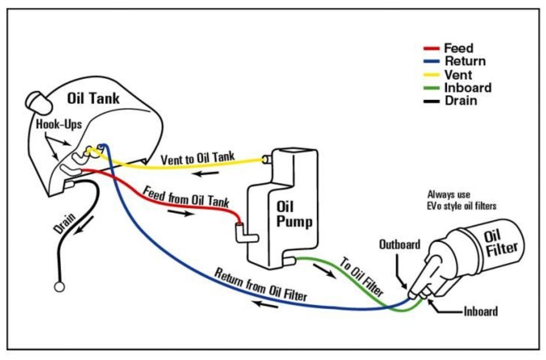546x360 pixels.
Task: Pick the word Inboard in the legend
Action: click(468, 88)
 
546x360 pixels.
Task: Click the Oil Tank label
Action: click(93, 99)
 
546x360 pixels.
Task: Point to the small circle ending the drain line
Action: click(59, 286)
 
